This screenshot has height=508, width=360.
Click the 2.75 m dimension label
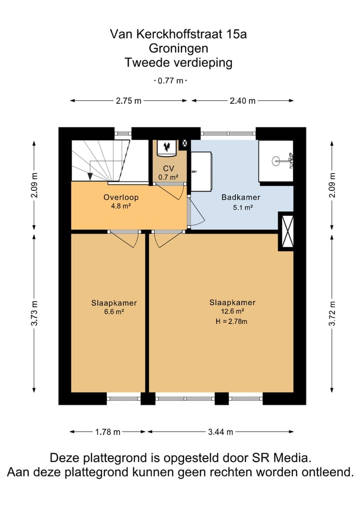tap(129, 101)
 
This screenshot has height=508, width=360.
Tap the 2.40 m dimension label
tap(242, 101)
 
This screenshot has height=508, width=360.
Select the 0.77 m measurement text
tap(170, 81)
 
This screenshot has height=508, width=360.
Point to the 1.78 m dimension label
tap(107, 432)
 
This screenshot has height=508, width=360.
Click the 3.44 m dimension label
tap(220, 432)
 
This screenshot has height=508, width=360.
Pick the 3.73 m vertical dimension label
tap(34, 314)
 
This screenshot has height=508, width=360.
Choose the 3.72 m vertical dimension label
tap(332, 314)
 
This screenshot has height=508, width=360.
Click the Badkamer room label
tap(240, 197)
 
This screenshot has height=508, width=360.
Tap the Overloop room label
tap(121, 197)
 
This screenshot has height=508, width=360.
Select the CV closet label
tap(168, 168)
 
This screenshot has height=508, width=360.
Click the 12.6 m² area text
tap(232, 311)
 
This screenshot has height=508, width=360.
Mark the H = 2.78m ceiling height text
tap(231, 321)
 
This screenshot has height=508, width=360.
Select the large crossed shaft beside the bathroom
tap(286, 231)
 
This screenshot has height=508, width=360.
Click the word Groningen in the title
tap(178, 48)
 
